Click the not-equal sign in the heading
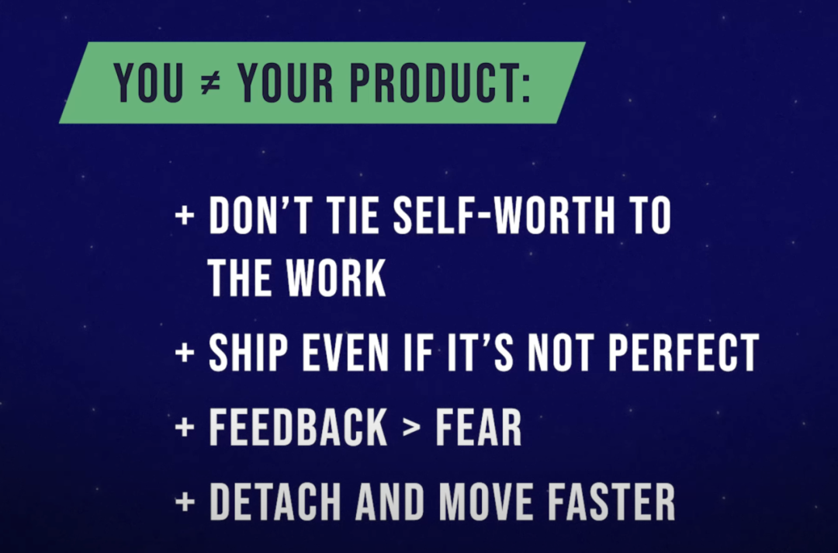[x=210, y=84]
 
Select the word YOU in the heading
[x=148, y=83]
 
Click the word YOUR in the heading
[x=286, y=83]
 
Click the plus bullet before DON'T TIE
[x=185, y=215]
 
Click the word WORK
[x=336, y=277]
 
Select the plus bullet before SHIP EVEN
[x=185, y=353]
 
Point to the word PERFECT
[x=684, y=353]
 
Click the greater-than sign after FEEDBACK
[x=411, y=427]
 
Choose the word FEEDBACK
[x=298, y=427]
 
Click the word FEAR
[x=478, y=427]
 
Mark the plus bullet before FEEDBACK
[x=185, y=427]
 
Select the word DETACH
[x=275, y=502]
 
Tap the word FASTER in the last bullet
[x=611, y=502]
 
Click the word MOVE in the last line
[x=486, y=502]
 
